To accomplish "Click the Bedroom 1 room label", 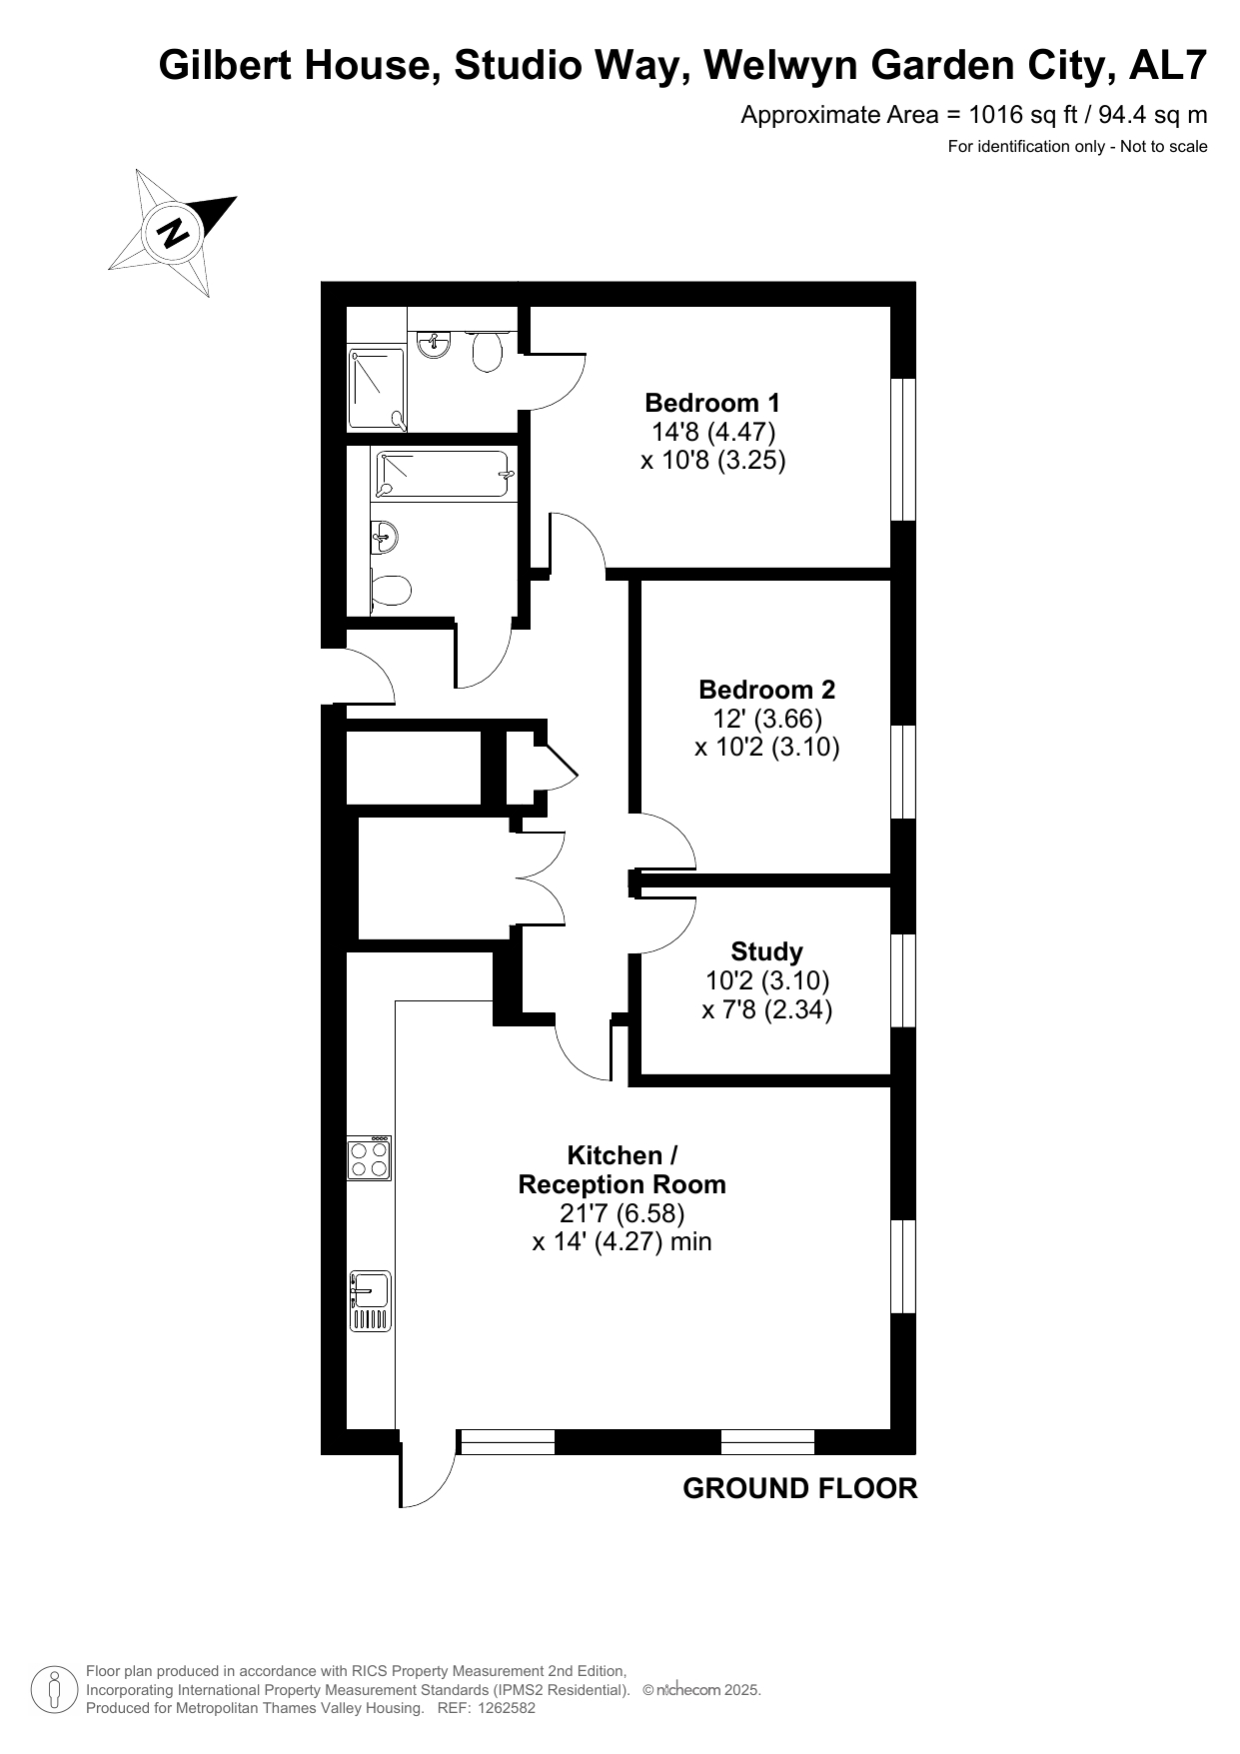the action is click(712, 403).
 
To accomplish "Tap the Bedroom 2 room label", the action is click(766, 690).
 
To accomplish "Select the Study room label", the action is click(766, 951).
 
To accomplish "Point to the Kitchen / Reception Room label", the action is click(621, 1170).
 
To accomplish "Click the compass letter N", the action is click(174, 233).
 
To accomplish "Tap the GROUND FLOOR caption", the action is click(799, 1488).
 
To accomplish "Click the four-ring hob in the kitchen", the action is click(369, 1158).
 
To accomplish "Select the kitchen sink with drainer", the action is click(369, 1301).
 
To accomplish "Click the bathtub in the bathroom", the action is click(444, 475).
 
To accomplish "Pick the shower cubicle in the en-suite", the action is click(377, 389).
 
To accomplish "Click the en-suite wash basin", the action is click(435, 344).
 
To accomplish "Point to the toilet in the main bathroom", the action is click(391, 590).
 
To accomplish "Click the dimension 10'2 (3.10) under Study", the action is click(766, 980).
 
